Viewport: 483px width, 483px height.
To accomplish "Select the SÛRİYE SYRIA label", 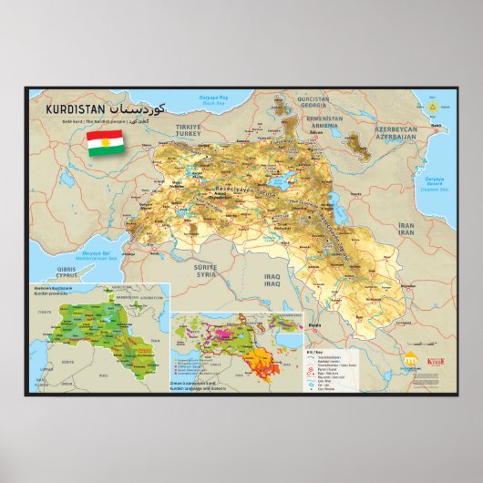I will [206, 270].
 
